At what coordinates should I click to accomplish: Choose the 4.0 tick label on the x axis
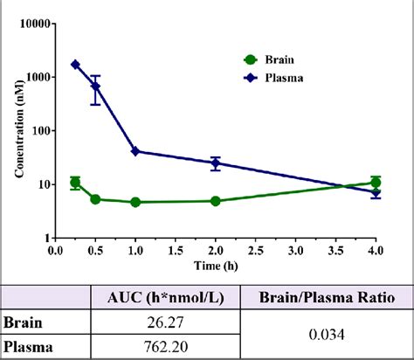click(376, 249)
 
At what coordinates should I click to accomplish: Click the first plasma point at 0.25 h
click(75, 65)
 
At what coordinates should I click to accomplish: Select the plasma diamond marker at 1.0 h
click(135, 151)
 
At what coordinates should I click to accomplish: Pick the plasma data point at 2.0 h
click(216, 163)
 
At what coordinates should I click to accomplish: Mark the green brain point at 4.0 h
click(376, 183)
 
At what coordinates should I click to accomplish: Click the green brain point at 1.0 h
click(135, 202)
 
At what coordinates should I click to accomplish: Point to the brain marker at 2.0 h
click(216, 201)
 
